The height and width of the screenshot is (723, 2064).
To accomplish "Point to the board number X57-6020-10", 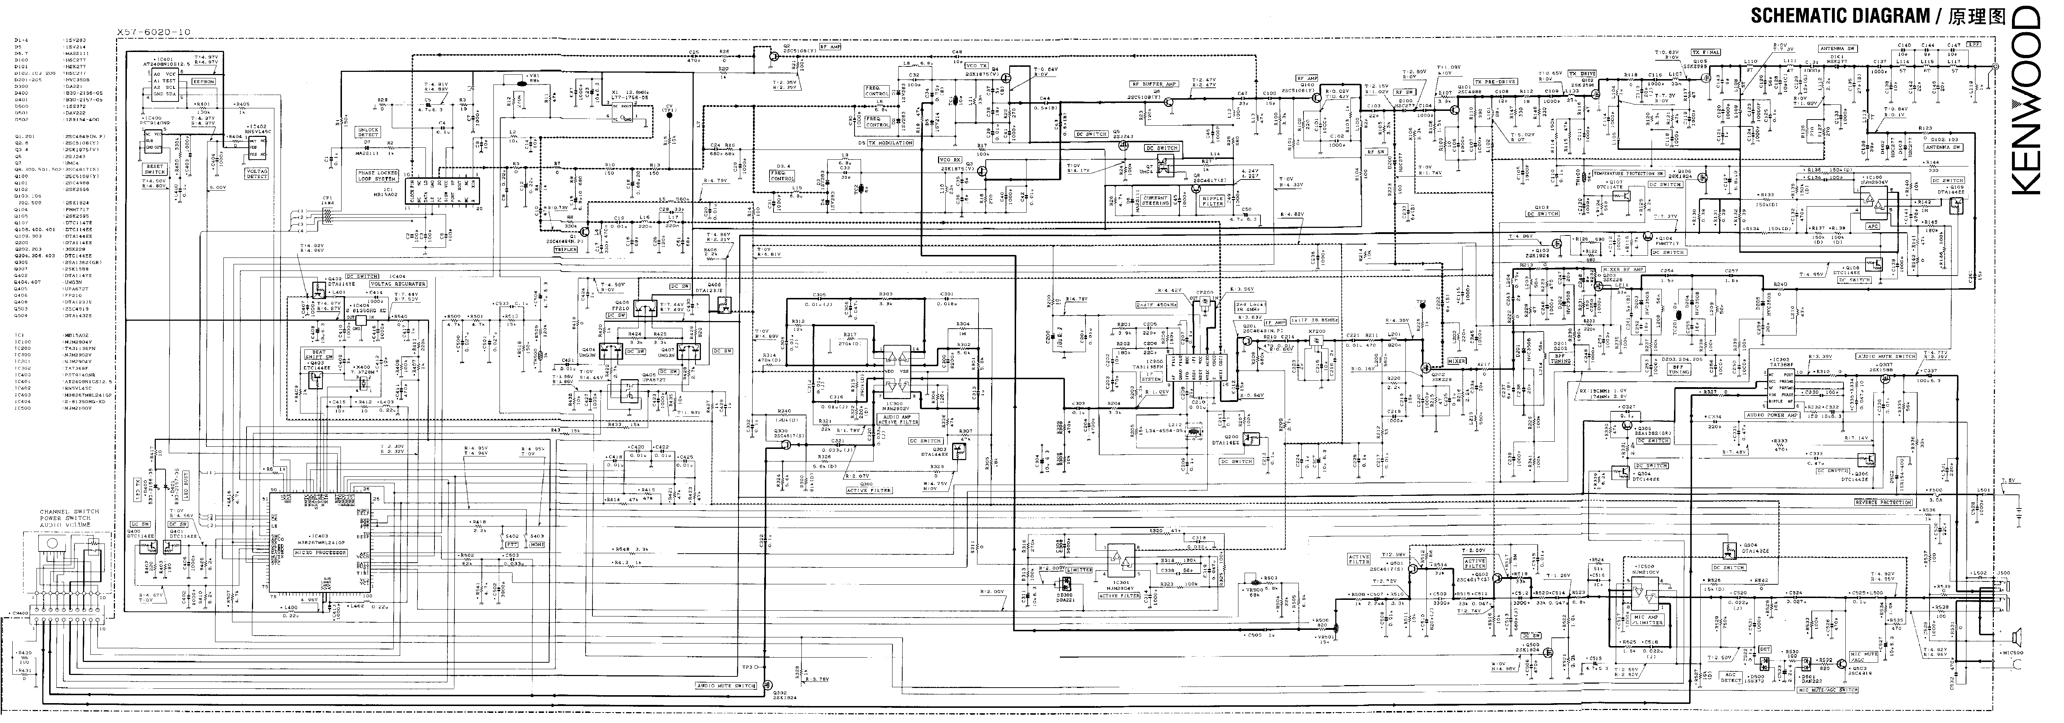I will tap(154, 32).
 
